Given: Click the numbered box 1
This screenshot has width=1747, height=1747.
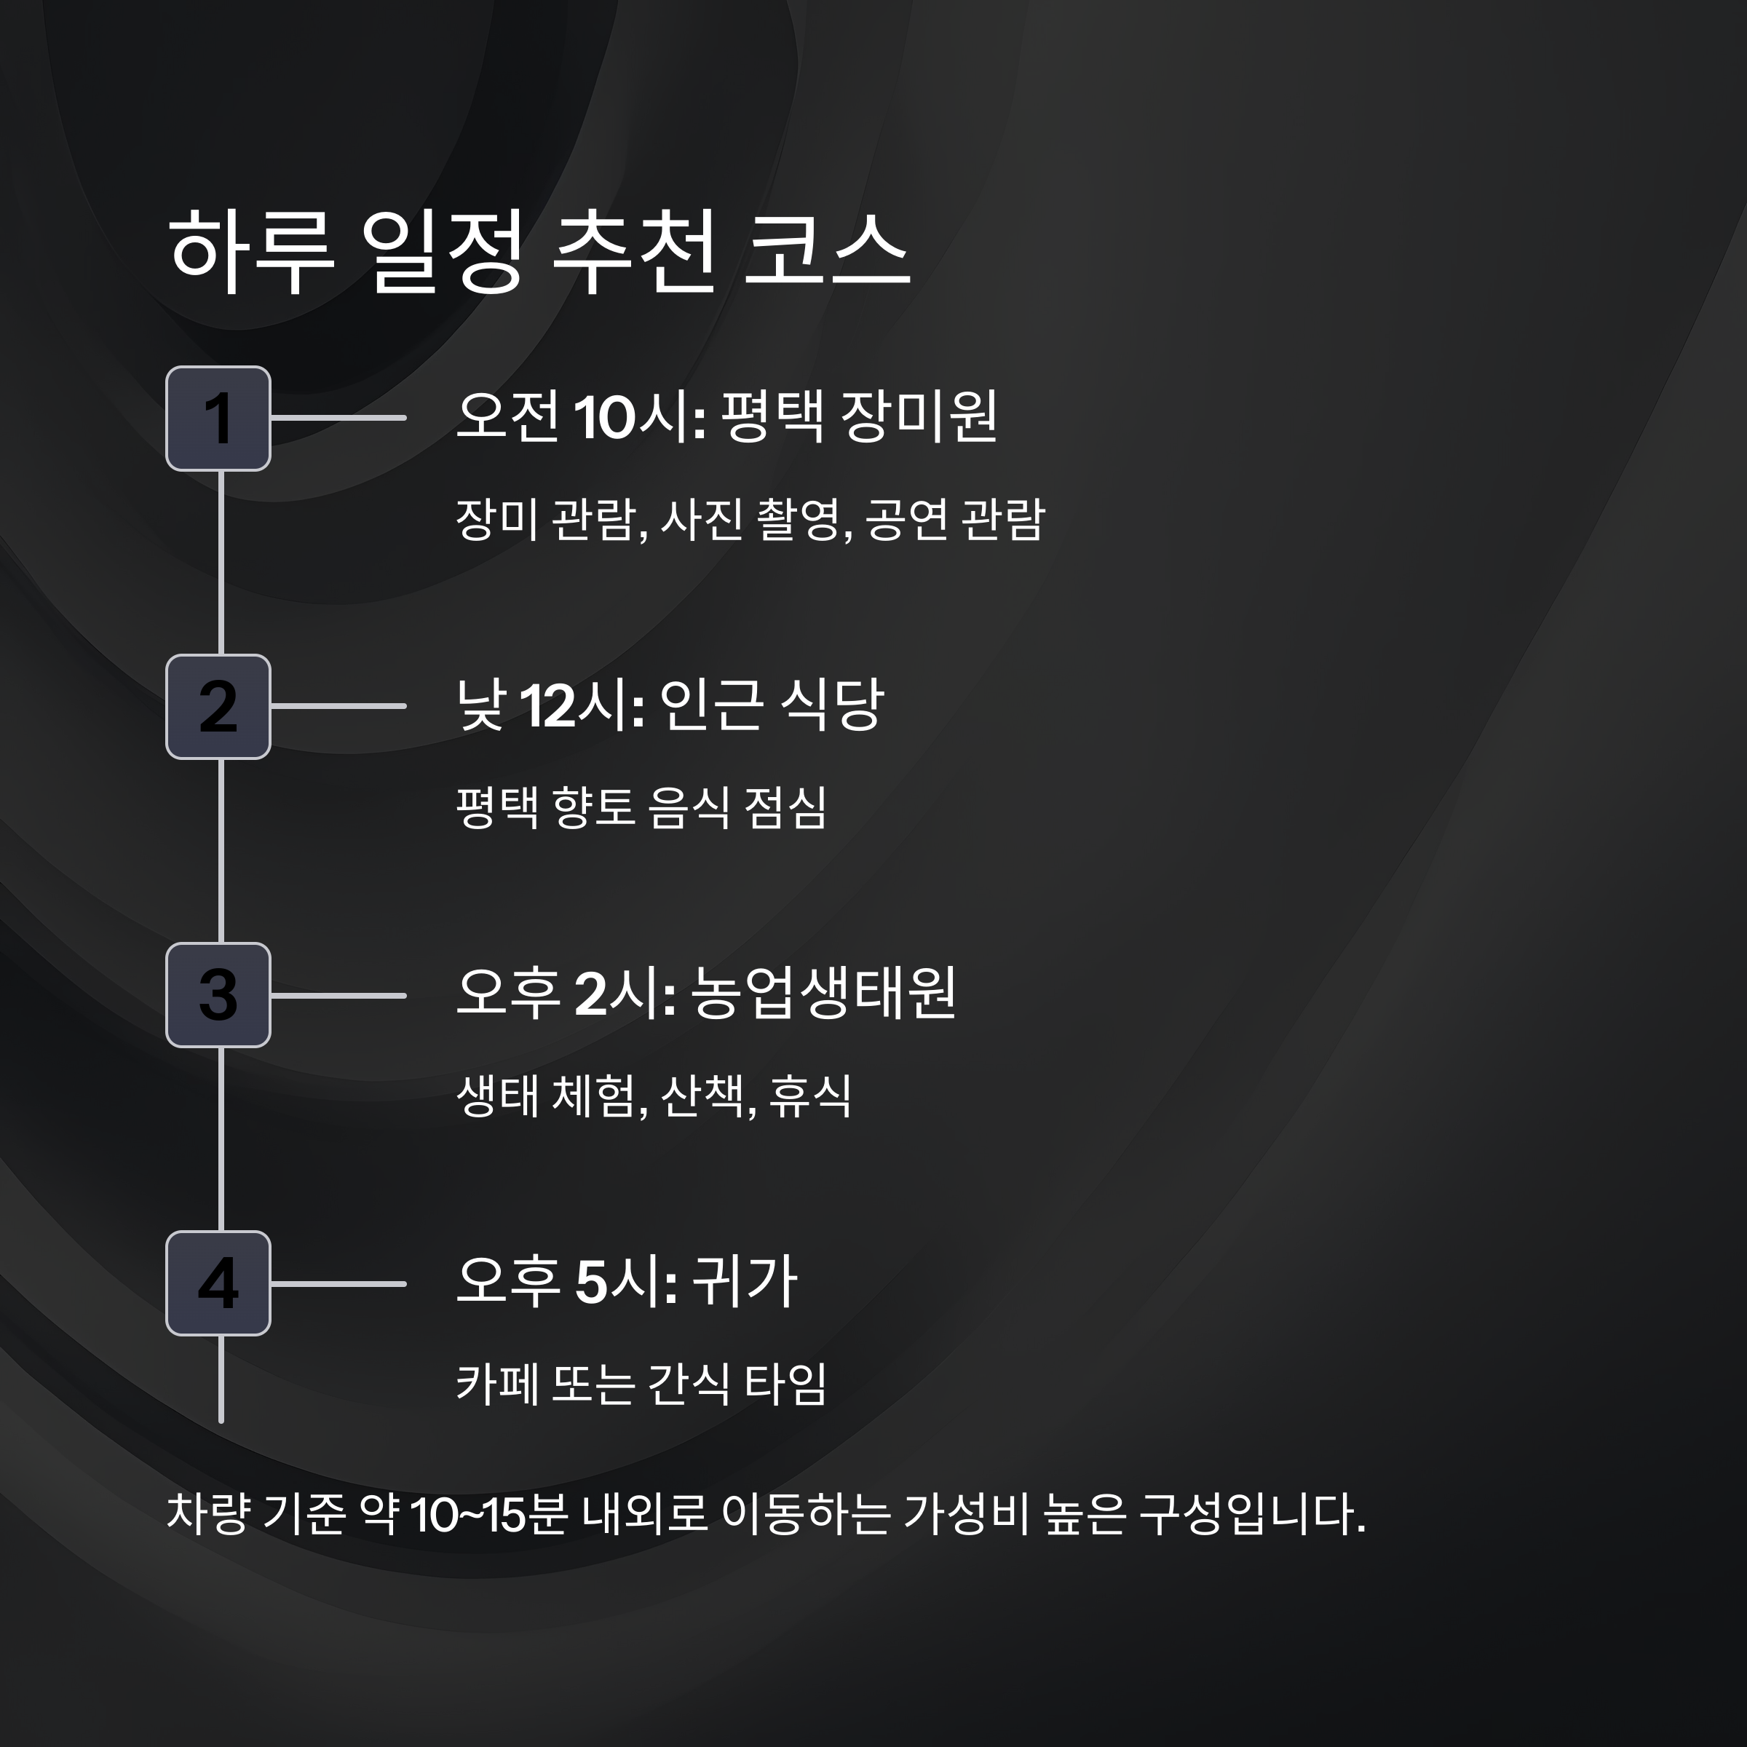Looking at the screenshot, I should click(218, 419).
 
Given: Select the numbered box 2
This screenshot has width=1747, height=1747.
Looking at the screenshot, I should click(218, 706).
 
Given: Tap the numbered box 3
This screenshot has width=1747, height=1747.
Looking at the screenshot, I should click(218, 994).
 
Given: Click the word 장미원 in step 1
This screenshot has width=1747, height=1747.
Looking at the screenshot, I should click(919, 417).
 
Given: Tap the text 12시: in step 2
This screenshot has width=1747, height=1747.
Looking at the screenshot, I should click(582, 706).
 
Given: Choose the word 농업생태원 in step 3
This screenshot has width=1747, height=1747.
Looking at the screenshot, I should click(823, 993).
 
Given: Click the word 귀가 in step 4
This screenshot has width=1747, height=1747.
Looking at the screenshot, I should click(744, 1281).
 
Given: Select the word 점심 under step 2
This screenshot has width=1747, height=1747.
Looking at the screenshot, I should click(785, 807).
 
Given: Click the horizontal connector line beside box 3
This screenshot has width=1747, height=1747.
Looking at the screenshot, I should click(338, 996).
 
